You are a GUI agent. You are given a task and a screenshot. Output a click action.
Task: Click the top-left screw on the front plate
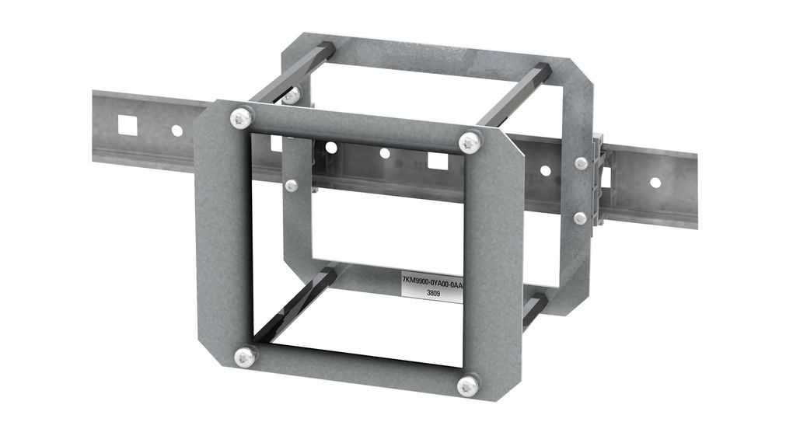(241, 119)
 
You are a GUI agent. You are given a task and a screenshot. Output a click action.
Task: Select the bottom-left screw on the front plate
(244, 357)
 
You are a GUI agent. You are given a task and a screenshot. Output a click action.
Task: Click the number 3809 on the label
(434, 294)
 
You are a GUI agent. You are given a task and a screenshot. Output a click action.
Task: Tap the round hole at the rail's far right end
(655, 183)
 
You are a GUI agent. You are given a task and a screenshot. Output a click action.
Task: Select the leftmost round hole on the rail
(176, 131)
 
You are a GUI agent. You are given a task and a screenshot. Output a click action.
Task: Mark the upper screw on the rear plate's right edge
(581, 163)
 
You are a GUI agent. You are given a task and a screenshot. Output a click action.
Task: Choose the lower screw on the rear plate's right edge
(580, 218)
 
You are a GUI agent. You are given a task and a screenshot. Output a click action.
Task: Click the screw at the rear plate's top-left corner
(291, 95)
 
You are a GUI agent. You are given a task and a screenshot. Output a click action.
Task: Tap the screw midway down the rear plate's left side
(292, 186)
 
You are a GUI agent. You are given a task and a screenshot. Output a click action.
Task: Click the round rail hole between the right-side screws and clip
(545, 170)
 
